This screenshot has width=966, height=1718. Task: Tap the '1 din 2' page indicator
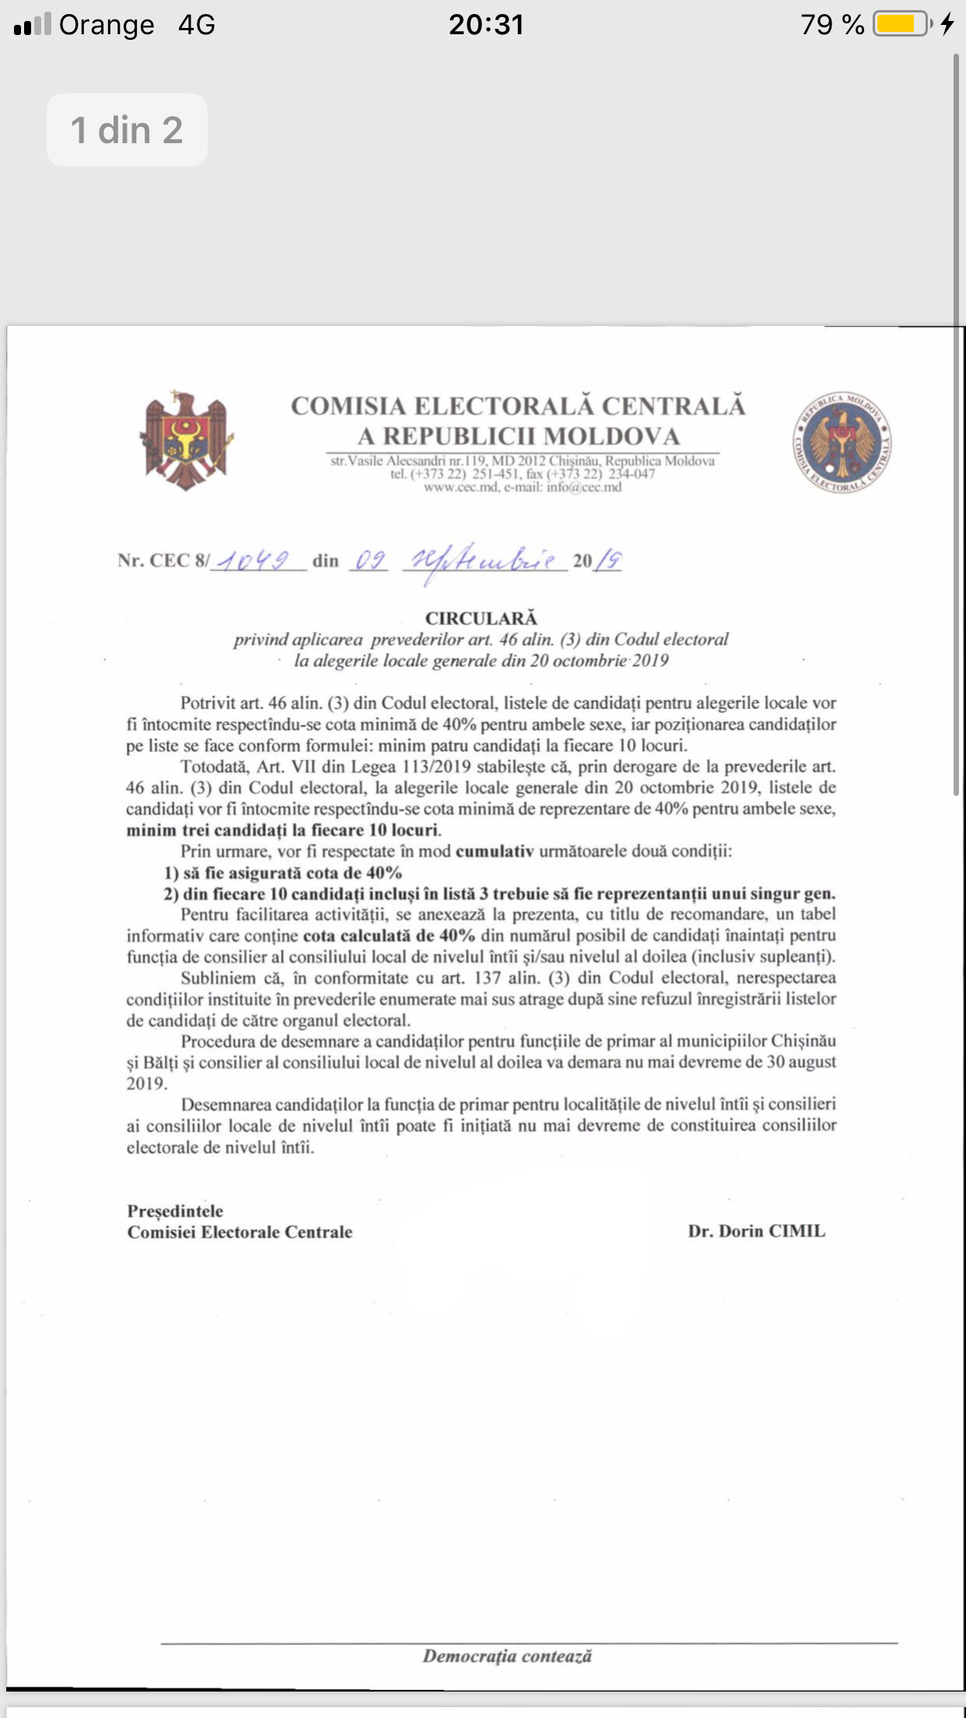(x=127, y=130)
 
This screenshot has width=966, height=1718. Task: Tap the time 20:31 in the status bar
(x=486, y=24)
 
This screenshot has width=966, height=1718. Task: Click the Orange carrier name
(x=107, y=25)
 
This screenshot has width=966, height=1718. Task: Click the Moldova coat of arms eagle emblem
(x=186, y=441)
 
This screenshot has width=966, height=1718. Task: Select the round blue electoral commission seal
(x=842, y=443)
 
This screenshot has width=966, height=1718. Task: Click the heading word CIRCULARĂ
(x=481, y=618)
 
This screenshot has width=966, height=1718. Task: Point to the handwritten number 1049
(x=254, y=560)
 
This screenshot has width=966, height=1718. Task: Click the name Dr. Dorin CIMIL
(x=756, y=1231)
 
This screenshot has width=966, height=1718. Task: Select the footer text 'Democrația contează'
(x=507, y=1656)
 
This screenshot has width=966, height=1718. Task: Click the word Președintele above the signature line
(x=175, y=1211)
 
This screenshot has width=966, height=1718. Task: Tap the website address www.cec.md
(x=460, y=487)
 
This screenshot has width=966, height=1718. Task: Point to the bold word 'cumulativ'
(x=495, y=851)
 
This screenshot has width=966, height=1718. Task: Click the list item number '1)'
(x=171, y=873)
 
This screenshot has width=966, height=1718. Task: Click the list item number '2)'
(x=171, y=894)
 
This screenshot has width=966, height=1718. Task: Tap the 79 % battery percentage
(x=831, y=25)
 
